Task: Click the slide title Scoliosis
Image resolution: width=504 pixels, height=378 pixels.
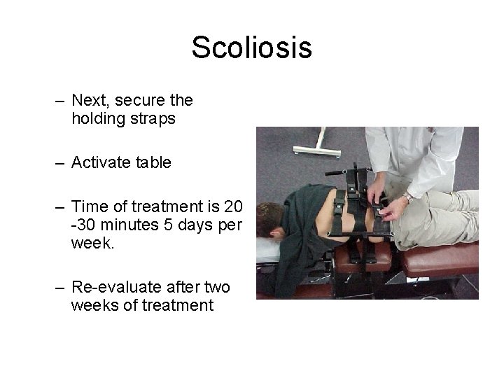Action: (x=251, y=48)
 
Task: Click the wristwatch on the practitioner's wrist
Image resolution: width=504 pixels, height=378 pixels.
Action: (x=407, y=199)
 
